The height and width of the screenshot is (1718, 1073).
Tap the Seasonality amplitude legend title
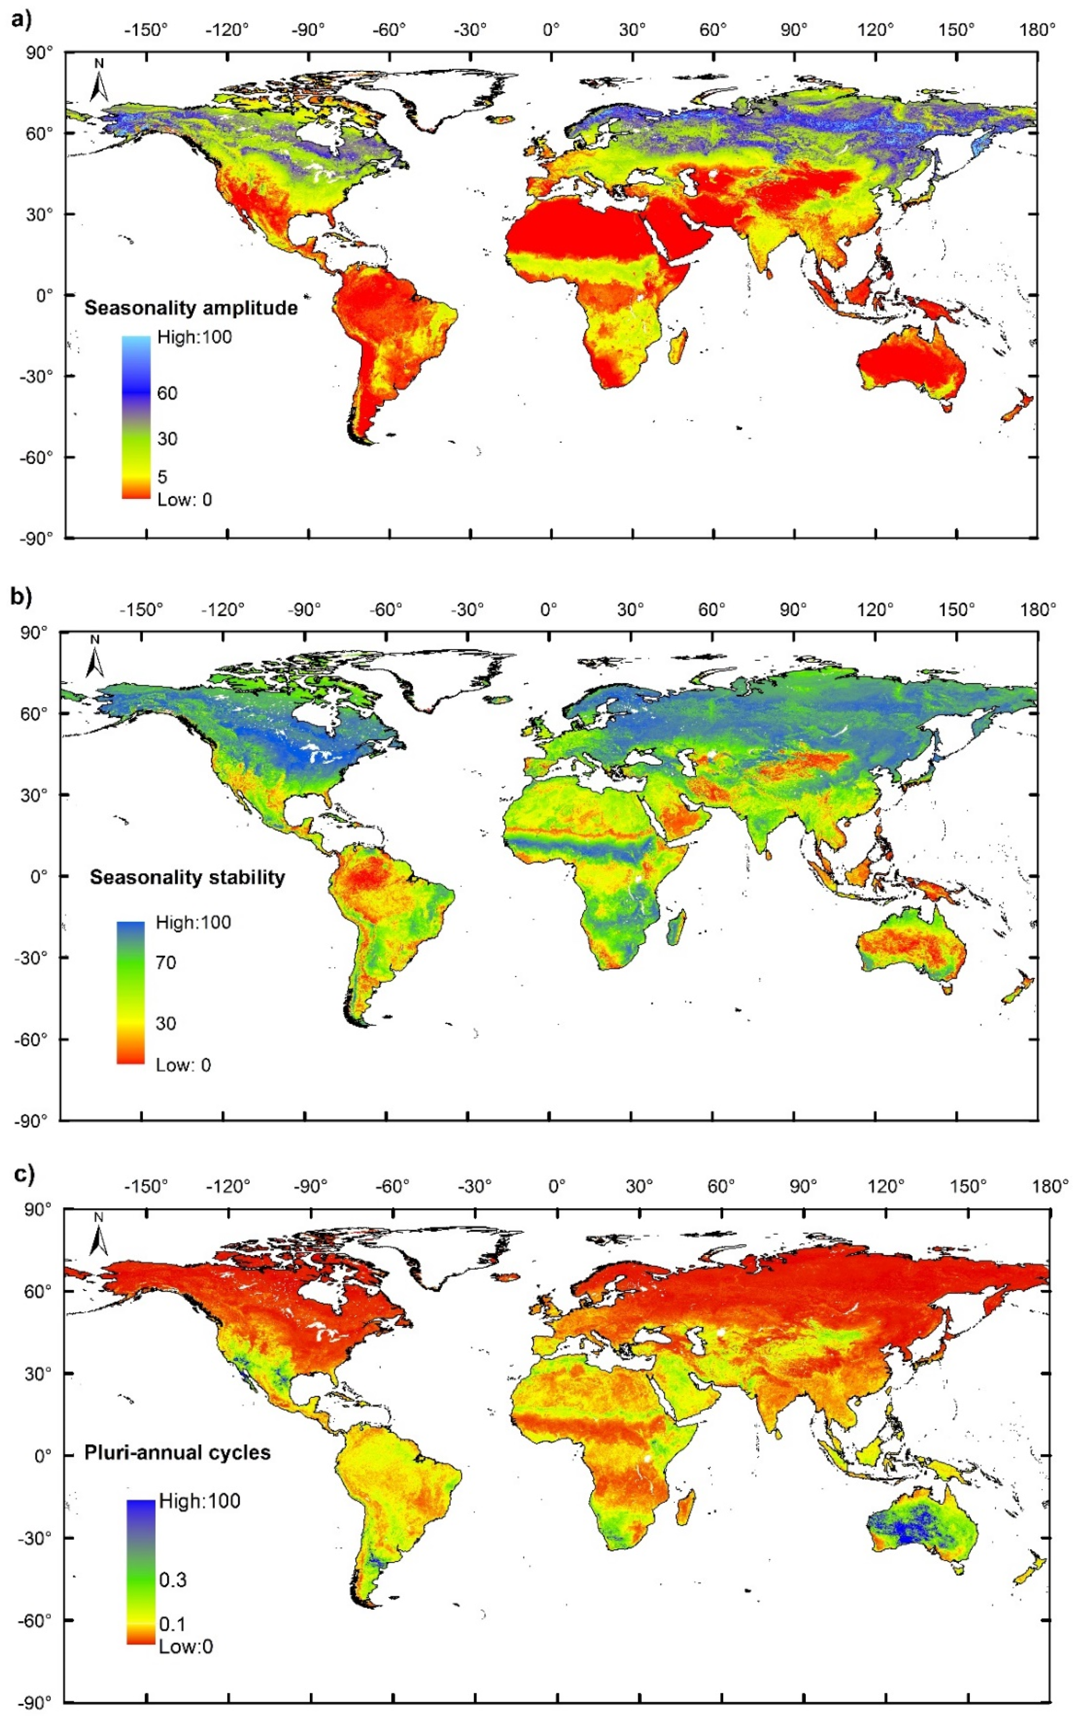tap(191, 308)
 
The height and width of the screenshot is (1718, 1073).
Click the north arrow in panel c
tap(99, 1235)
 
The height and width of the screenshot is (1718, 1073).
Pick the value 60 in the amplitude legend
tap(167, 394)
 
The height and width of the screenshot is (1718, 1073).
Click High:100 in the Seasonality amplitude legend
tap(194, 337)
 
